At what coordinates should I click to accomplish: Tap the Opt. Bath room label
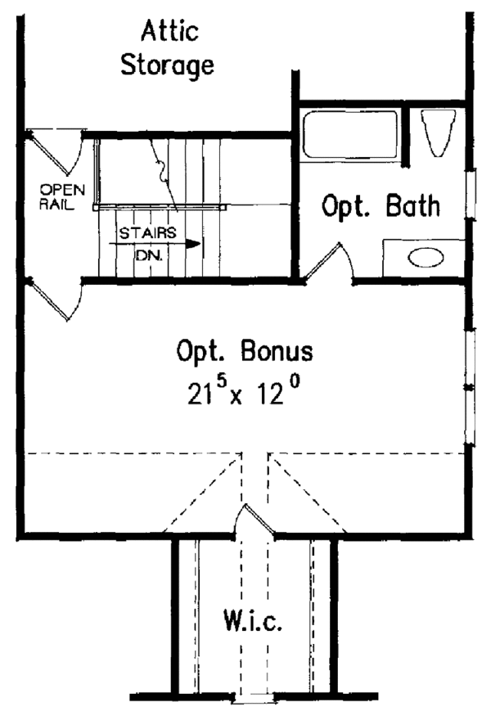pos(381,206)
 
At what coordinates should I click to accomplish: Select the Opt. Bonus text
pos(244,352)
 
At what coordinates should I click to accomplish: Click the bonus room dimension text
pos(245,395)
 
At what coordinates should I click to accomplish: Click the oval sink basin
pos(426,259)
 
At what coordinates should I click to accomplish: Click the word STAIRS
pos(147,232)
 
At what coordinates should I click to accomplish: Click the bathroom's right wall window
pos(469,194)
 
